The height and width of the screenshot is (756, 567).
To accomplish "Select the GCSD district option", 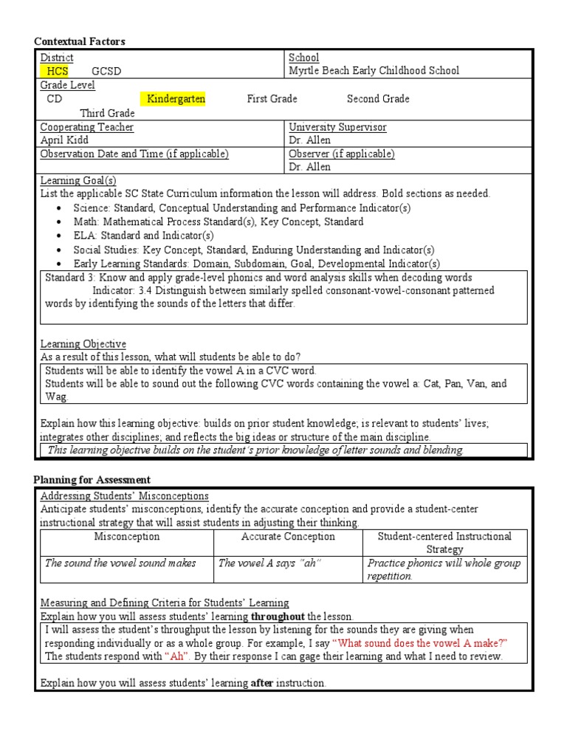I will pos(106,71).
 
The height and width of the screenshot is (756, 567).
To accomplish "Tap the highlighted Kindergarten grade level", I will pos(176,99).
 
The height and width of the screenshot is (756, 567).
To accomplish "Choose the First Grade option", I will pos(272,99).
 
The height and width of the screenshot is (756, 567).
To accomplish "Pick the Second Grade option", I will pos(378,99).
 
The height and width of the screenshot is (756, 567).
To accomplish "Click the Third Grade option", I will pos(107,113).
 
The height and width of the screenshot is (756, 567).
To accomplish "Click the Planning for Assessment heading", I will pos(92,480).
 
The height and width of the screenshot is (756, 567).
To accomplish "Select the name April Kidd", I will pos(65,140).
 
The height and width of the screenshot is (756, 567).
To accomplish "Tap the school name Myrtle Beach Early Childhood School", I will pos(374,71).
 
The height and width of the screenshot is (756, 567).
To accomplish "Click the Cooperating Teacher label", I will pos(87,127).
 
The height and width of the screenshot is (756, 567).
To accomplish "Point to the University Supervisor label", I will pos(337,127).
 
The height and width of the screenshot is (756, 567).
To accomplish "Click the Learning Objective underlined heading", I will pos(83,344).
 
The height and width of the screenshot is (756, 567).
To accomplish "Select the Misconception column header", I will pos(126,537).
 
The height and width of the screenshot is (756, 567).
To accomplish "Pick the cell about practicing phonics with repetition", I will pos(444,569).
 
